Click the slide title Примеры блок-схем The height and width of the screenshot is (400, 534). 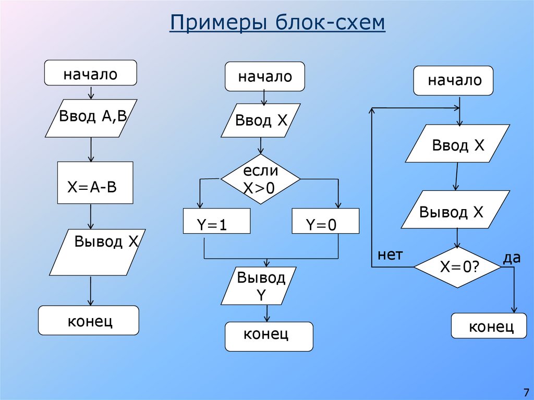click(x=277, y=23)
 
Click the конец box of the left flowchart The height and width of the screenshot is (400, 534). click(x=89, y=320)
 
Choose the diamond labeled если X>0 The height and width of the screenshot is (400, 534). click(x=260, y=179)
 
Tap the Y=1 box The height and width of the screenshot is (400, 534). click(x=216, y=221)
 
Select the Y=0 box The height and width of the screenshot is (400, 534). click(x=325, y=221)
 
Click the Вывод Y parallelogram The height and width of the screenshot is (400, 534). click(x=259, y=286)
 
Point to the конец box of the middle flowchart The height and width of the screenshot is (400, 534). click(x=269, y=336)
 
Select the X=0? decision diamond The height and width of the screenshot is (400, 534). click(x=457, y=266)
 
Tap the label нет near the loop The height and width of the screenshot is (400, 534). click(x=390, y=254)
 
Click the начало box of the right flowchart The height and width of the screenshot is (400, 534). click(x=453, y=81)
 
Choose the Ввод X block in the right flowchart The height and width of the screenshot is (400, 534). click(x=458, y=144)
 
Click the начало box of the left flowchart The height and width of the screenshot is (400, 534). click(x=90, y=73)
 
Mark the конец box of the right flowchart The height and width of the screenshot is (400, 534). click(x=489, y=326)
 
